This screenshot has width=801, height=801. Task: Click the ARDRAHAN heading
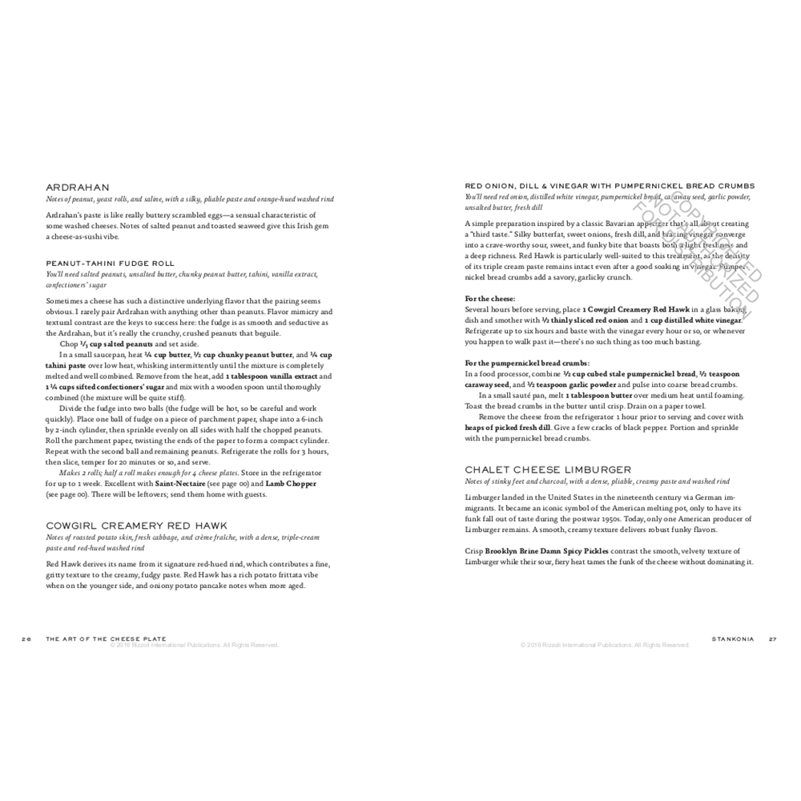[x=77, y=187]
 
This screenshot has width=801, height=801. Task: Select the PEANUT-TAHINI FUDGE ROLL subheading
[x=110, y=263]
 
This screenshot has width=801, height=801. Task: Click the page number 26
[x=26, y=638]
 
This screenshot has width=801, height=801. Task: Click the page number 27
[x=772, y=638]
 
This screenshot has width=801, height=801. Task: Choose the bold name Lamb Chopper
[x=291, y=484]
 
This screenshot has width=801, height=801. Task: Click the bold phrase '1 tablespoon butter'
[x=600, y=396]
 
